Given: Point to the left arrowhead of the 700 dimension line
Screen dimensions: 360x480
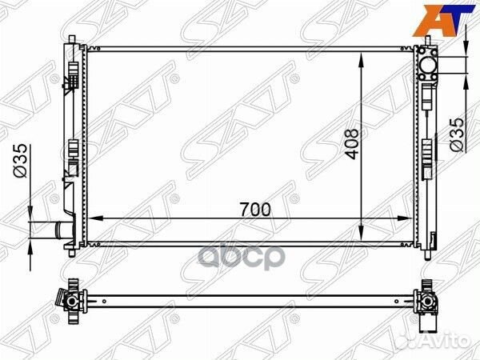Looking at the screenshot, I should [91, 217].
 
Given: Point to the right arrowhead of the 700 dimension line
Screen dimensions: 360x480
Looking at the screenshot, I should [414, 217].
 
